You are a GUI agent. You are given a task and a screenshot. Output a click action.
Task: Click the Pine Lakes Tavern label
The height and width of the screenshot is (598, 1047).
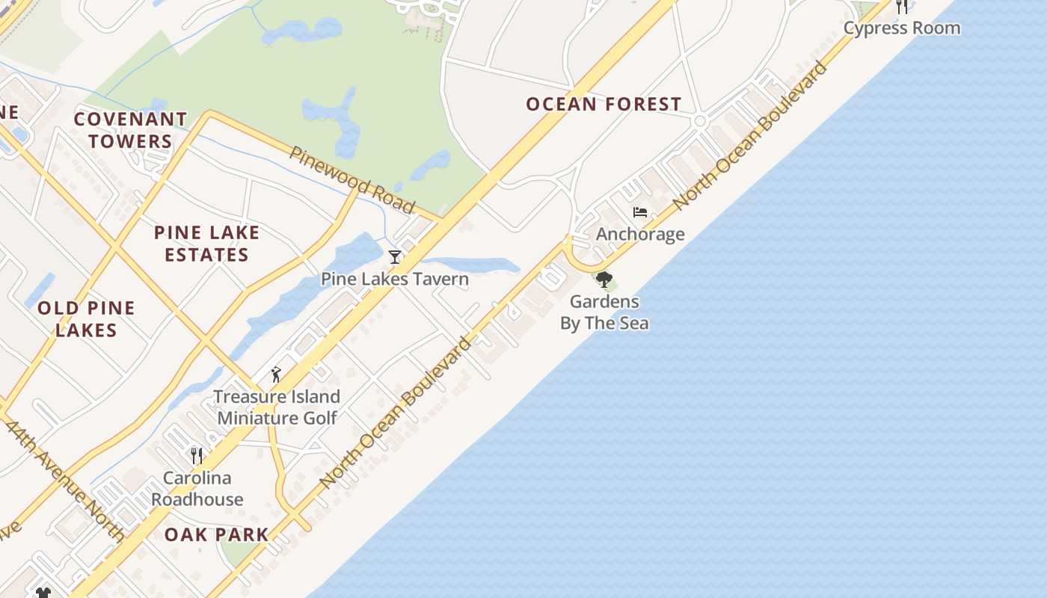395,280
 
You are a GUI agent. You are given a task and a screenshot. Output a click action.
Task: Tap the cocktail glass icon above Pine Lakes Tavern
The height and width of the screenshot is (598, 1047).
395,257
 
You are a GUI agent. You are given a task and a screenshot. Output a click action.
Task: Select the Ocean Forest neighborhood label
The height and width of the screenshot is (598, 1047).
604,105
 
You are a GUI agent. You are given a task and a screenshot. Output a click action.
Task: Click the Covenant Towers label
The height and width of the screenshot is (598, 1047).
131,130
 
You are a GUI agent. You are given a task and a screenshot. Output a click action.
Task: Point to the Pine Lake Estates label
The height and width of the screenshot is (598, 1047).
206,244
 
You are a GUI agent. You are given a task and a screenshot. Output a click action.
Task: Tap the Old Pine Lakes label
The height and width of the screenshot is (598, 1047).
86,319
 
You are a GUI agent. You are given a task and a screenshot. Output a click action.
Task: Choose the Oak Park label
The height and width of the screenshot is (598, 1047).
216,534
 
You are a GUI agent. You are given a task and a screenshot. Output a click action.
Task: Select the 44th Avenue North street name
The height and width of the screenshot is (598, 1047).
65,481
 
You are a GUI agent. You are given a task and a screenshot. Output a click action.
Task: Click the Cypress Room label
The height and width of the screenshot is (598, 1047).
902,28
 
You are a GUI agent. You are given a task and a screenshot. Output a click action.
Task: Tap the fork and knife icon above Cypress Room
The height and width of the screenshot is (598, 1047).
902,7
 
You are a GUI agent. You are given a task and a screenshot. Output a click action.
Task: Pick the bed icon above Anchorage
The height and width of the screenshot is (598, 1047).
640,212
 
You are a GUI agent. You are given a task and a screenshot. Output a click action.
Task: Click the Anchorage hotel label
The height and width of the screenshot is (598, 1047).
640,235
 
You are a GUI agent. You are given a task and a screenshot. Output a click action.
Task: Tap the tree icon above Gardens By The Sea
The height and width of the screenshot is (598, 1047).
604,280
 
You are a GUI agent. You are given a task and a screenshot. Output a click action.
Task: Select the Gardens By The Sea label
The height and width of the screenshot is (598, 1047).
604,312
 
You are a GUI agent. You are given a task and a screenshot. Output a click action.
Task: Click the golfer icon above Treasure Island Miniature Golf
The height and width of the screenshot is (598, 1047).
277,374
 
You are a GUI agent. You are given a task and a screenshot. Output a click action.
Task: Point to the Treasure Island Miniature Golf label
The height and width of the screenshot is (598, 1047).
277,407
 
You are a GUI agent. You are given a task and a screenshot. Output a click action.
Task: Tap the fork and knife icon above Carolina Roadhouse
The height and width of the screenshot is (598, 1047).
197,455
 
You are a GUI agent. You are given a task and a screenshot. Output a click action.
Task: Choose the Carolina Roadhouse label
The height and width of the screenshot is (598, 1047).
197,489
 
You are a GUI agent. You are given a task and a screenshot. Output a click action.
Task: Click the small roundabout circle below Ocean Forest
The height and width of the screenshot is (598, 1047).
700,121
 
